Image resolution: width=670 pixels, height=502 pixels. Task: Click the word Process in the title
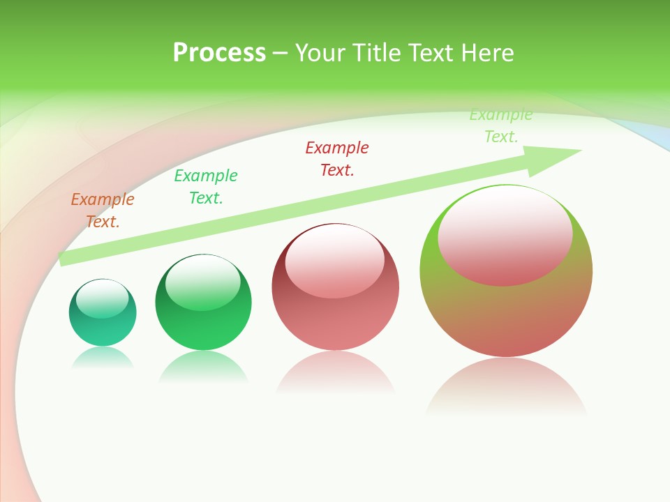[219, 52]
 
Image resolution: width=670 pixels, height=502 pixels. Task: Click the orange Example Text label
[103, 211]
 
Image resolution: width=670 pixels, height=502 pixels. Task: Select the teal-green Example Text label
[206, 187]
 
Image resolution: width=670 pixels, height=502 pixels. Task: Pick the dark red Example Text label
[337, 159]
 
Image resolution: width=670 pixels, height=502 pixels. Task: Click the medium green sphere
[203, 328]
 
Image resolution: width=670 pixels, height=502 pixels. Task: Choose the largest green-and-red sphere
[506, 314]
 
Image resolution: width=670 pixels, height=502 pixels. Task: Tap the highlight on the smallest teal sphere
[103, 298]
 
